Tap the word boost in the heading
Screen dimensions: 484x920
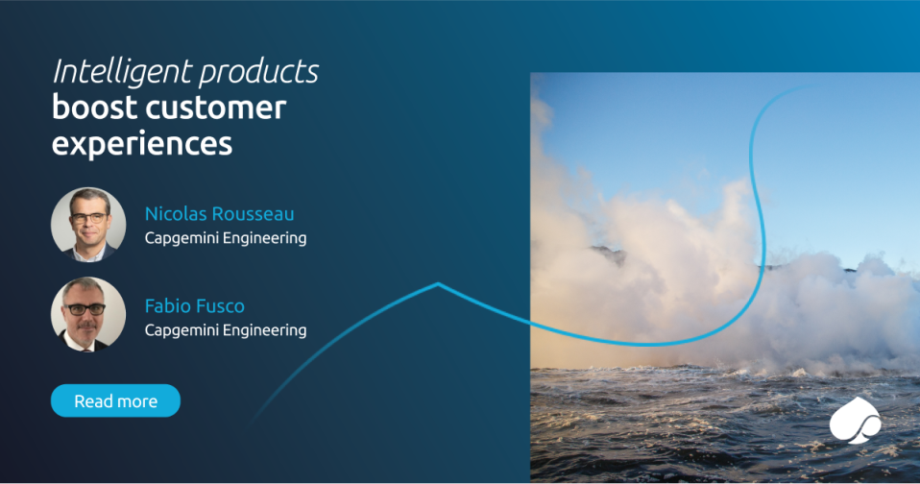pyautogui.click(x=88, y=108)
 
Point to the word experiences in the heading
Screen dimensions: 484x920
pyautogui.click(x=141, y=143)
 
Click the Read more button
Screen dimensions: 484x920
pyautogui.click(x=115, y=400)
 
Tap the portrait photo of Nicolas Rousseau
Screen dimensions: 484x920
pyautogui.click(x=88, y=225)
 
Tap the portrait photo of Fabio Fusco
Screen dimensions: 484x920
pyautogui.click(x=88, y=315)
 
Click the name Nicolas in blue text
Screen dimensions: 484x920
pyautogui.click(x=178, y=213)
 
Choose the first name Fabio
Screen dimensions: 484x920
pyautogui.click(x=167, y=306)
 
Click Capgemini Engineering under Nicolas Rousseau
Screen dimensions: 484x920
pyautogui.click(x=226, y=238)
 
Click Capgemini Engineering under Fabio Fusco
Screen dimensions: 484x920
pyautogui.click(x=226, y=330)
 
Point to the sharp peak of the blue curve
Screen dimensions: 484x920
pyautogui.click(x=438, y=284)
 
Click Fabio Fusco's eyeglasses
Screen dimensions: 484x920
pyautogui.click(x=87, y=310)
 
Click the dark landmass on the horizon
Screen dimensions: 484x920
pyautogui.click(x=607, y=253)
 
